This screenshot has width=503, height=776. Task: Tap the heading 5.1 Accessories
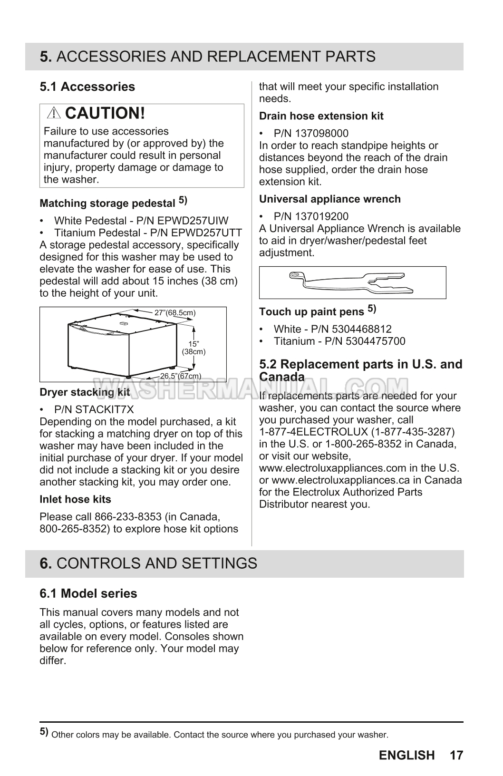coord(87,87)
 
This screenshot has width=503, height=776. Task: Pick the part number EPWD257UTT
coord(210,233)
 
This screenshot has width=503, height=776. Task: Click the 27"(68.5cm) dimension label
coord(175,312)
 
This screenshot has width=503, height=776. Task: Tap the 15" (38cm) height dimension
coord(193,348)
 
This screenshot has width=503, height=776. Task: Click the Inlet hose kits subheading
coord(75,499)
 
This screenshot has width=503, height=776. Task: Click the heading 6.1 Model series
coord(88,593)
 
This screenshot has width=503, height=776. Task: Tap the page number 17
coord(456,755)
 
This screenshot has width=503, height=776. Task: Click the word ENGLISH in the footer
coord(407,755)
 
